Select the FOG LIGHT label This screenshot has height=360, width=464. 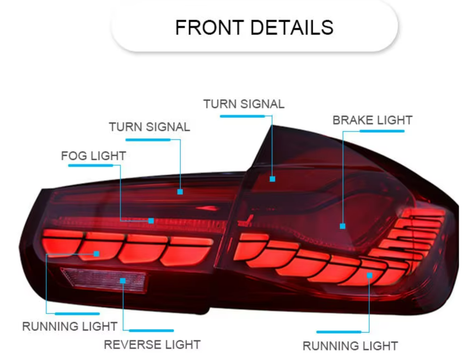coord(93,156)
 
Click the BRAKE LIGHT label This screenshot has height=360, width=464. coord(372,120)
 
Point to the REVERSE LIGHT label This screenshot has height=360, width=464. coord(152,345)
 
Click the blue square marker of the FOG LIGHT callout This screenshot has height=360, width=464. coord(151,221)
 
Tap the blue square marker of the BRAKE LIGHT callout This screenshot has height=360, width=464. coord(342,226)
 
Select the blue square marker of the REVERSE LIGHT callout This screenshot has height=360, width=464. coord(123,280)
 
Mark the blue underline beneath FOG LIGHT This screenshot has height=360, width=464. coord(90,165)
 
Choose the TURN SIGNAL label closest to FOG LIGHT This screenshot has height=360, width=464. coord(149,127)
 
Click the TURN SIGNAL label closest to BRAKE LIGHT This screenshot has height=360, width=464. coord(244,104)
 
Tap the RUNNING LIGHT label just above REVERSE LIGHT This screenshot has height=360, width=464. coord(70,326)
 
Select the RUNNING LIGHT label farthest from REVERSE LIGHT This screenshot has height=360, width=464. coord(350,346)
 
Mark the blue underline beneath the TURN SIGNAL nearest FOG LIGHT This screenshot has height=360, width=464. coord(147,140)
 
